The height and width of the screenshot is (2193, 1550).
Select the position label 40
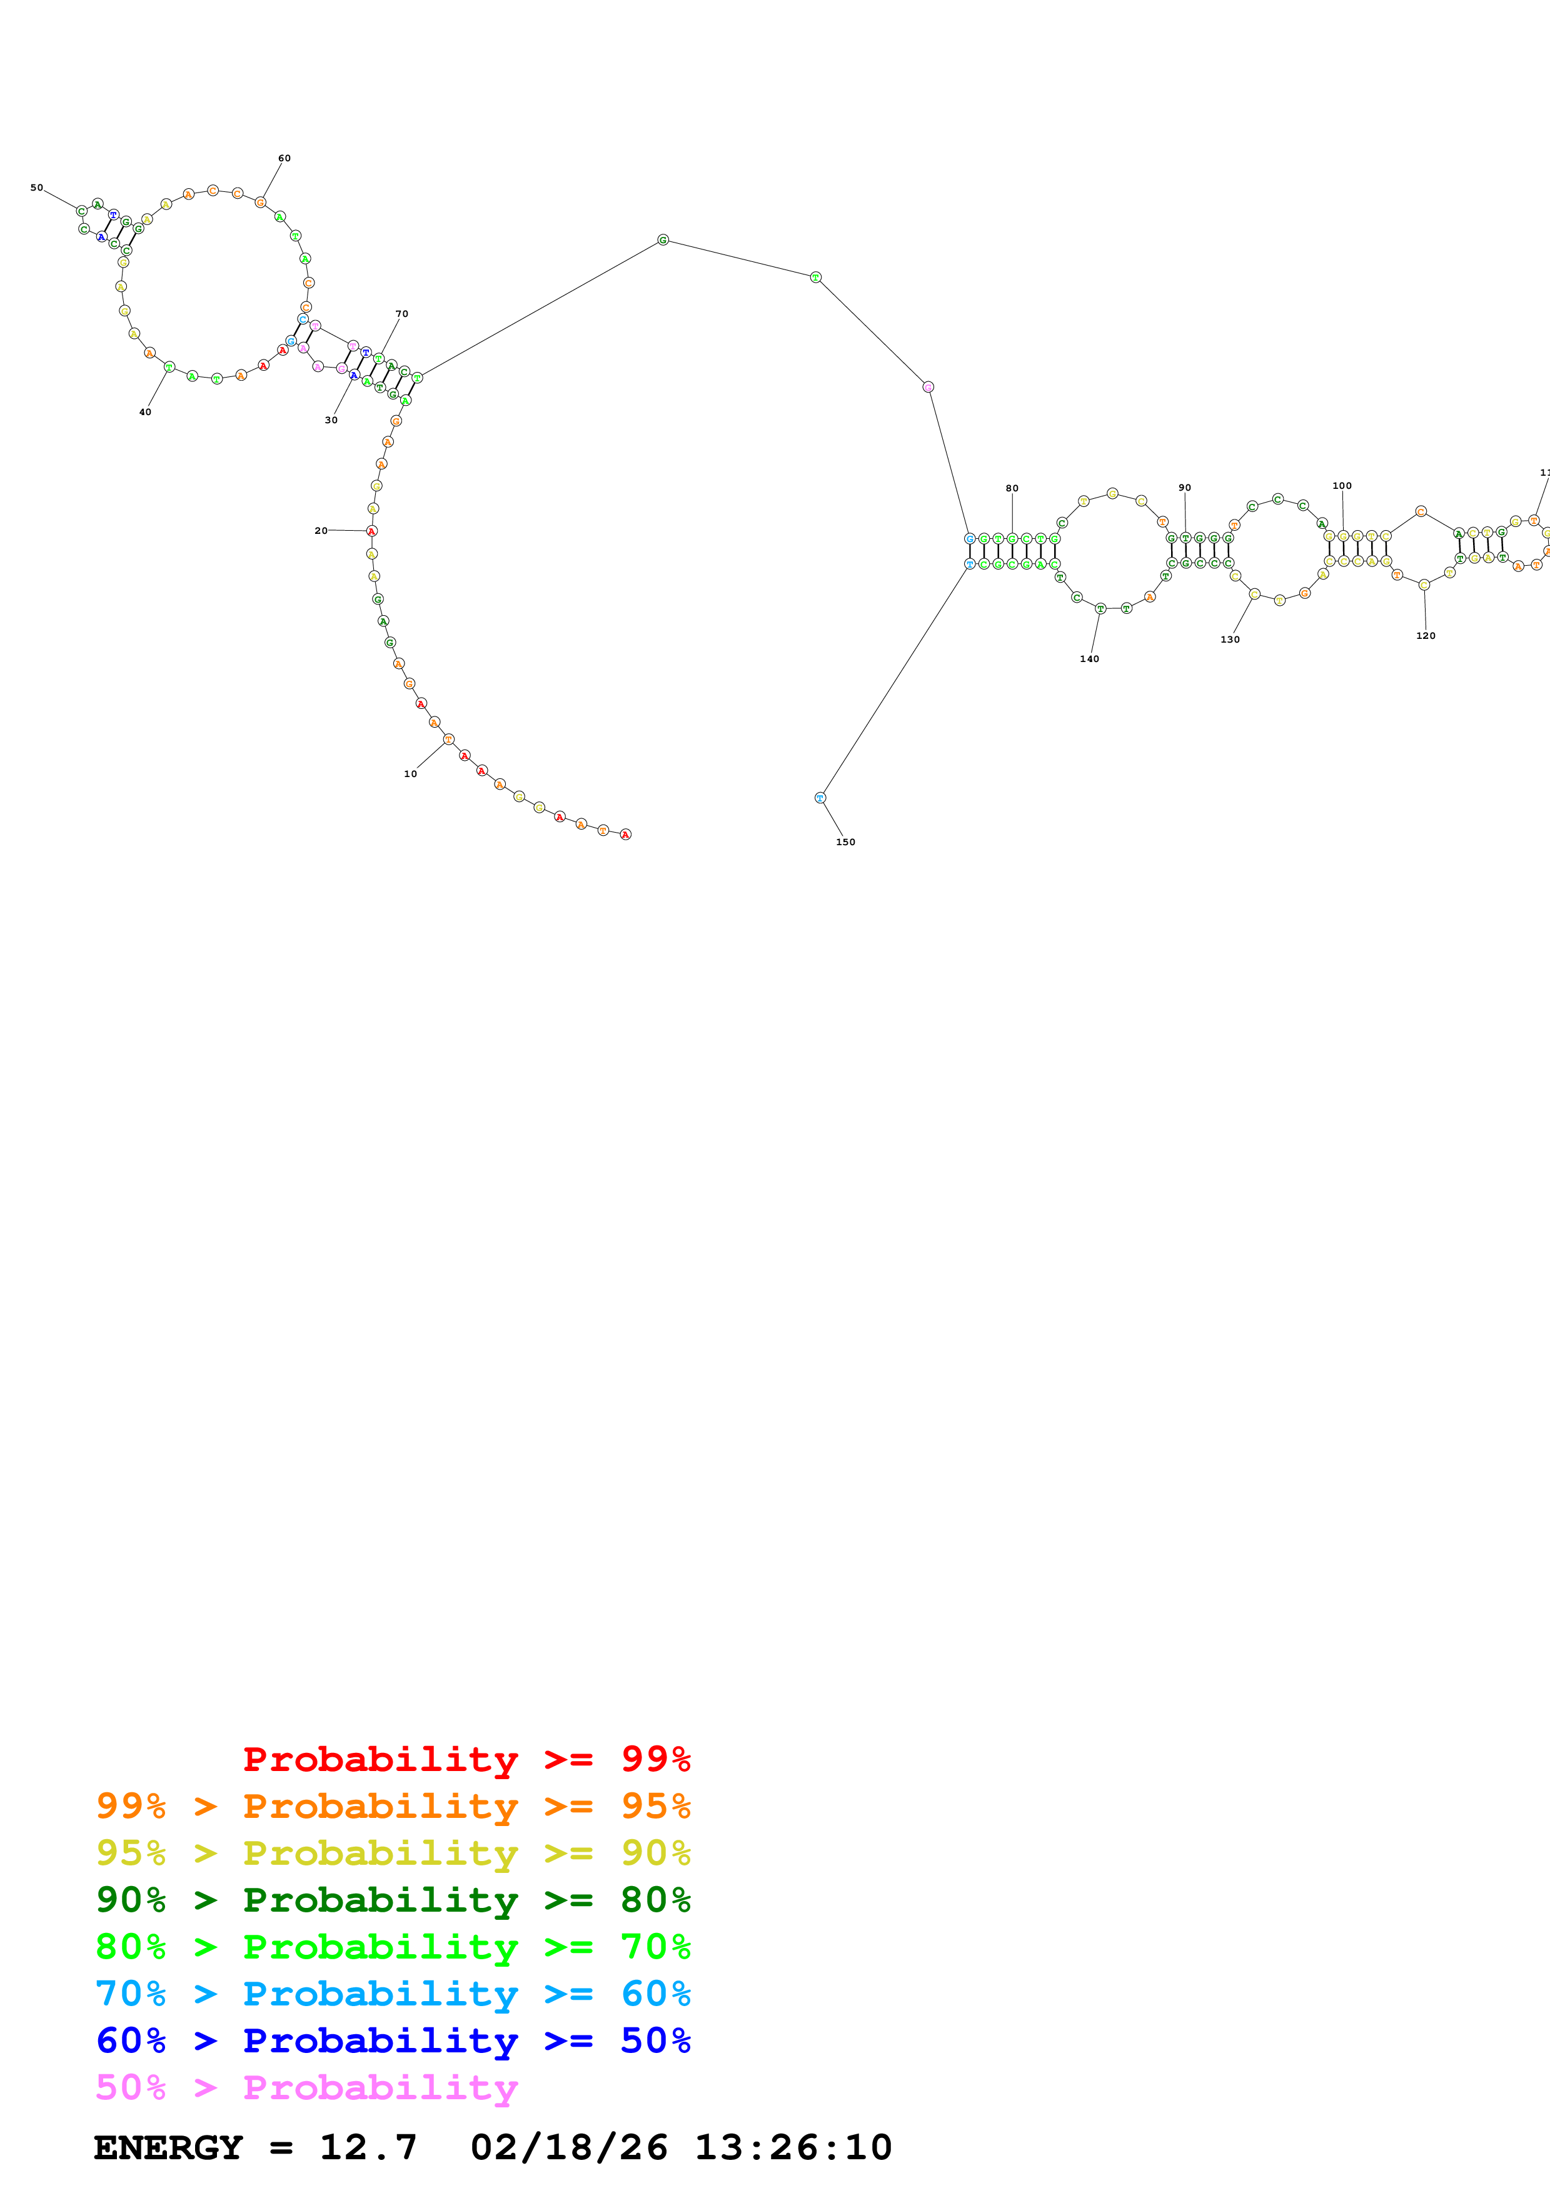point(145,413)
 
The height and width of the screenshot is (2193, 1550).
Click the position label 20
point(321,531)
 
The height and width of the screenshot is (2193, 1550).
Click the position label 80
point(1012,489)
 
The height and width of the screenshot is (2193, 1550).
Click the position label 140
point(1090,659)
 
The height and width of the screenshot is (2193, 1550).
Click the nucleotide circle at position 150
point(820,798)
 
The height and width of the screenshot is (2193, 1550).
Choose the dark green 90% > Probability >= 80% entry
point(393,1900)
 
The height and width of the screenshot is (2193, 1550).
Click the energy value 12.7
point(369,2148)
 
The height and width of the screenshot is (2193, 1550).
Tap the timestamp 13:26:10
point(793,2148)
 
